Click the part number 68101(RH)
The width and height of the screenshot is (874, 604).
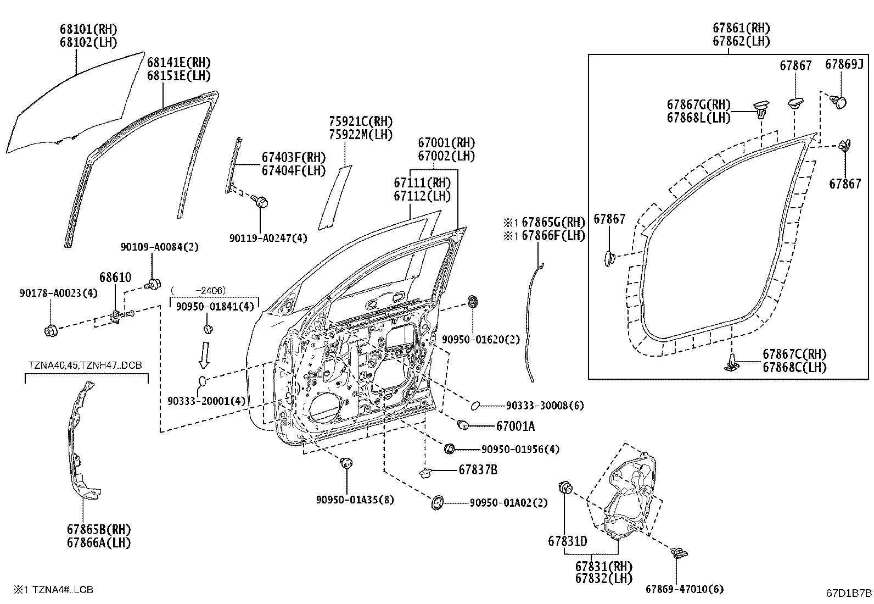88,29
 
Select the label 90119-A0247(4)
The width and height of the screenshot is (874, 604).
268,238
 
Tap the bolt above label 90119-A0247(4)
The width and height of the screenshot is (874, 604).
260,201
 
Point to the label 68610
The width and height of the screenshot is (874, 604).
115,278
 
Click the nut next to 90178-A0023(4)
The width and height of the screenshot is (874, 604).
51,330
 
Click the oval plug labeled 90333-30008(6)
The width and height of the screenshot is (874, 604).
476,406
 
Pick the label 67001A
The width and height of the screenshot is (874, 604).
515,426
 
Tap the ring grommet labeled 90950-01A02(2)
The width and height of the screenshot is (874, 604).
439,502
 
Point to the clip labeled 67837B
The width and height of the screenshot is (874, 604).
425,472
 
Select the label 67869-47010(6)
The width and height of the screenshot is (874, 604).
684,589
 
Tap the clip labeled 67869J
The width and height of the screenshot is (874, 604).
839,101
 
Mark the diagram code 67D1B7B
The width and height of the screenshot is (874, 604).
849,592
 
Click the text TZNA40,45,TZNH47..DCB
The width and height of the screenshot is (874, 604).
87,365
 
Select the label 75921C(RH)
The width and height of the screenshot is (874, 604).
361,121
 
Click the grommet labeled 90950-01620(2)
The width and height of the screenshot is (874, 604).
472,301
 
